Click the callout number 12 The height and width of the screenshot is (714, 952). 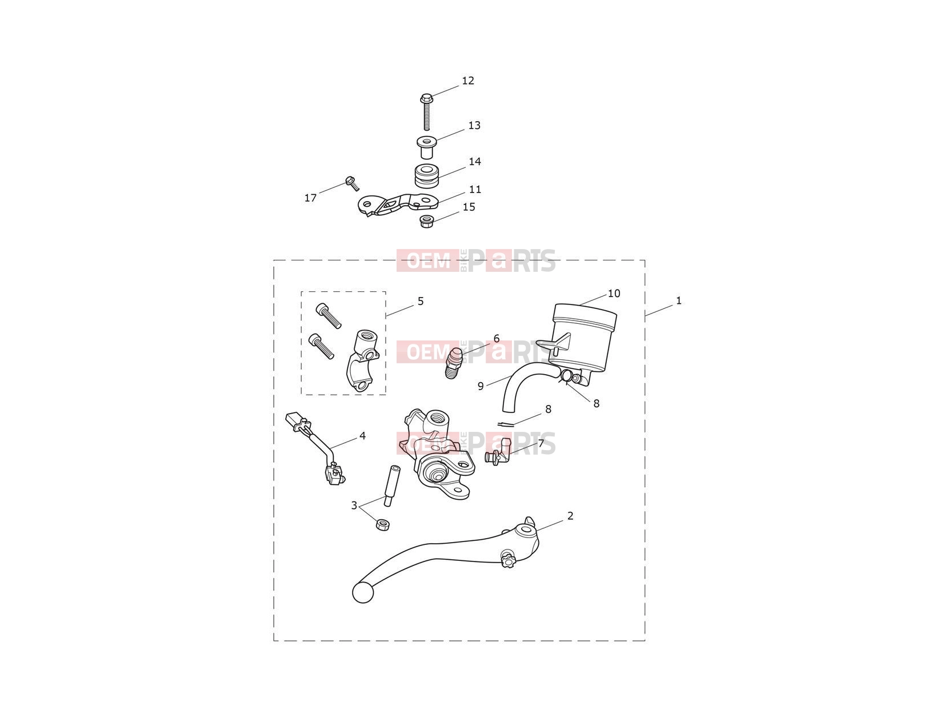pyautogui.click(x=467, y=81)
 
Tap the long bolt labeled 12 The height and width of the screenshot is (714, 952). pyautogui.click(x=426, y=112)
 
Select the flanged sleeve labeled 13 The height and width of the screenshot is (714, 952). pyautogui.click(x=426, y=147)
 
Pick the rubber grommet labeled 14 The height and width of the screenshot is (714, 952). pyautogui.click(x=426, y=176)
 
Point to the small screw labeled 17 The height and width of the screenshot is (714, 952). pyautogui.click(x=352, y=183)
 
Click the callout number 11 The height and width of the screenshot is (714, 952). pyautogui.click(x=475, y=190)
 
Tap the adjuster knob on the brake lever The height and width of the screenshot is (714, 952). pyautogui.click(x=507, y=559)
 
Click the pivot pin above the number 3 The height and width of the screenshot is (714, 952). pyautogui.click(x=391, y=486)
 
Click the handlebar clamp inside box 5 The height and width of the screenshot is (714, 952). pyautogui.click(x=362, y=360)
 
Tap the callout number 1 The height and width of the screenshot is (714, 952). pyautogui.click(x=679, y=300)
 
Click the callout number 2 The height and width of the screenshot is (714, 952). pyautogui.click(x=570, y=515)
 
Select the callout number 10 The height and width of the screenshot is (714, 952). pyautogui.click(x=614, y=294)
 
